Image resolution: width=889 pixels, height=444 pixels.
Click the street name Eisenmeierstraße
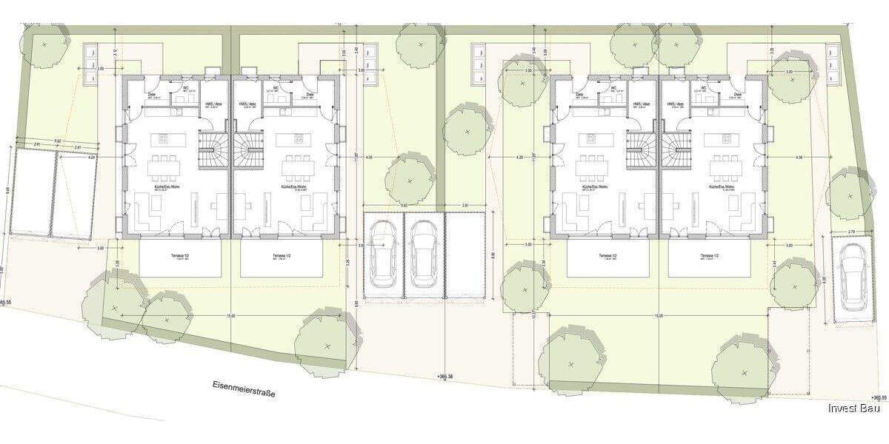click(x=243, y=389)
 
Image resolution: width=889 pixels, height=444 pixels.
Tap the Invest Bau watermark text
click(x=853, y=408)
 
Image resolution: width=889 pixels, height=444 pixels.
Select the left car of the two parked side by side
click(x=383, y=255)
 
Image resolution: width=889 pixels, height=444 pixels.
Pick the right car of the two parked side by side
click(x=424, y=255)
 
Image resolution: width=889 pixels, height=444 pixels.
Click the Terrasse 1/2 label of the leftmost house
click(x=180, y=255)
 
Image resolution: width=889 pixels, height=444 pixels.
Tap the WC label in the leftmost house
click(x=184, y=88)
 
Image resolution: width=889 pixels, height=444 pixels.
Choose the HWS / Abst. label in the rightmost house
click(x=676, y=104)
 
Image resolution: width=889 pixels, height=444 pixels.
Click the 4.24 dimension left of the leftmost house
click(x=92, y=158)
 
